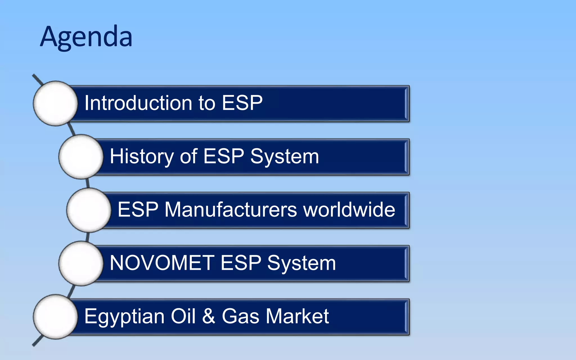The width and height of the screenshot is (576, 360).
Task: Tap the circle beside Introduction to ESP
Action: coord(55,103)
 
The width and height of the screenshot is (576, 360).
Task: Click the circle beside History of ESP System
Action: coord(81,157)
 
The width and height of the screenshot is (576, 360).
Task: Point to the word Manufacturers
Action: coord(231,210)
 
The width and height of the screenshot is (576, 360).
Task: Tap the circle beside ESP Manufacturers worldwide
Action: coord(89,210)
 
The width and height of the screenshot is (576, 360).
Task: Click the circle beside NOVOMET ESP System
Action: coord(81,264)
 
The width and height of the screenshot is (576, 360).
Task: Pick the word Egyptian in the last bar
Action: coord(124,317)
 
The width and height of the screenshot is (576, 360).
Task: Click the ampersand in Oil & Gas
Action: coord(208,316)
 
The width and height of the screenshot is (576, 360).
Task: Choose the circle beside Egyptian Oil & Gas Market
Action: coord(55,317)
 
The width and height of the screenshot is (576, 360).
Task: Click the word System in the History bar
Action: coord(285,157)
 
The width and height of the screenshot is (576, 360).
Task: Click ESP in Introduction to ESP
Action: coord(242,103)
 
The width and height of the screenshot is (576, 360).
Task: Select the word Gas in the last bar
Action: coord(240,316)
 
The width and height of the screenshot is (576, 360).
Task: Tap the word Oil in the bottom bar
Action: coord(183,316)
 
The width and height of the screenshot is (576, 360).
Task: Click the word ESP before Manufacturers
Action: coord(138,210)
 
